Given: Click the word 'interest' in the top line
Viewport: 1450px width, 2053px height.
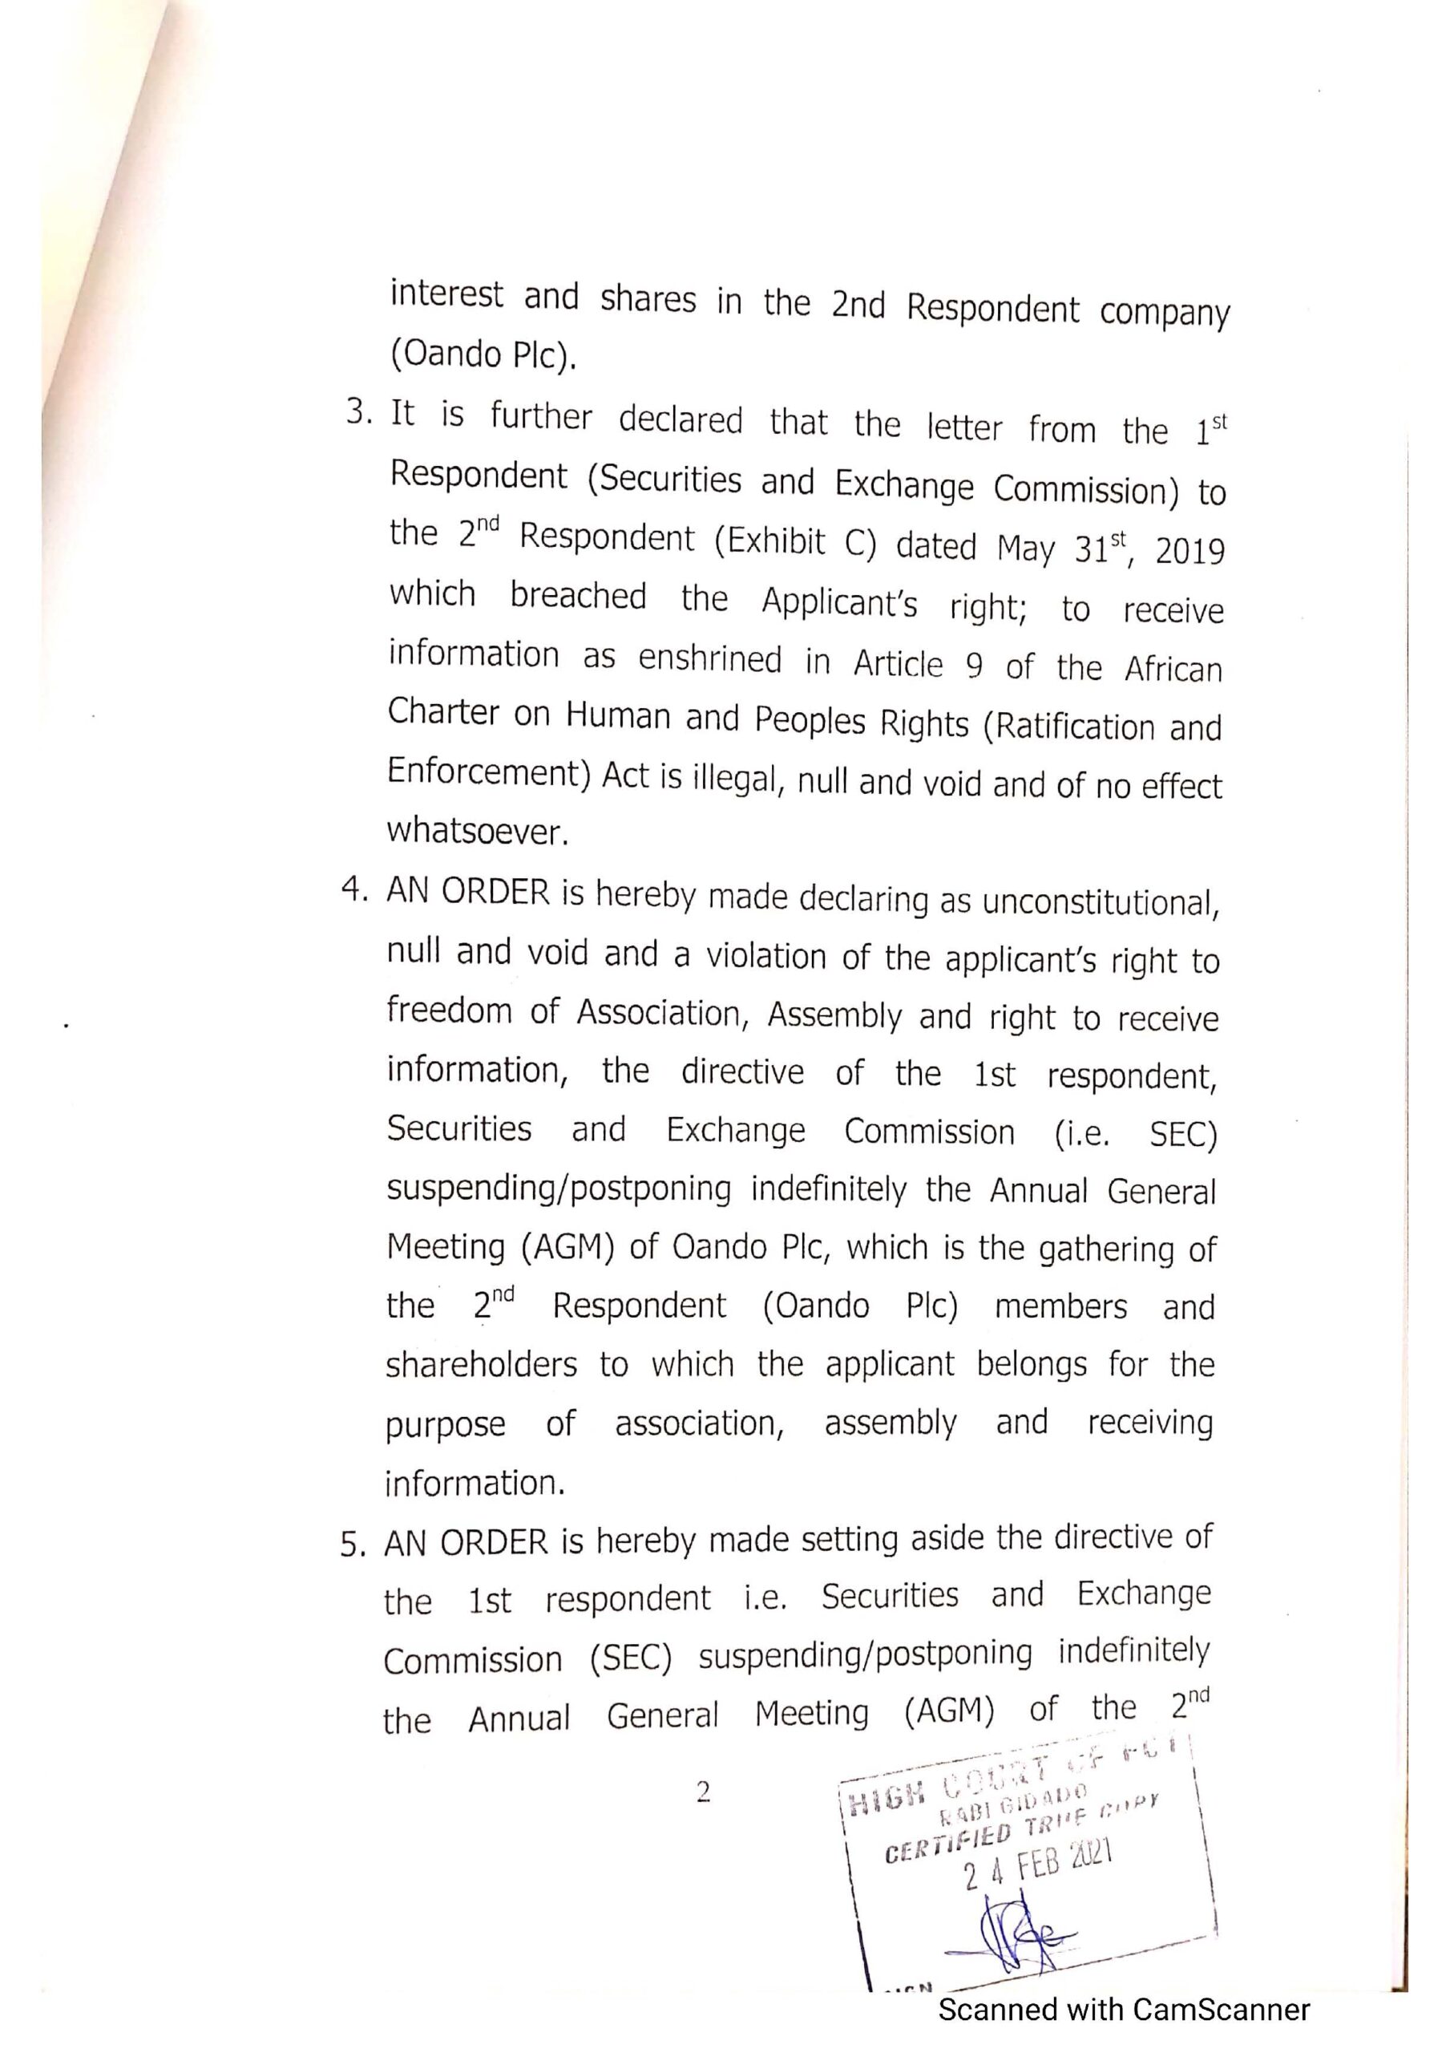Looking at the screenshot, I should [446, 294].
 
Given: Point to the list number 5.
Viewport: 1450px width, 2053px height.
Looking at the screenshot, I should [353, 1545].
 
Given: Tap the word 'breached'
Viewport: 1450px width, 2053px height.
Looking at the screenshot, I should [577, 597].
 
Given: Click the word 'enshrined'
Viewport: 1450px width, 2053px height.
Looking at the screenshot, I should [710, 659].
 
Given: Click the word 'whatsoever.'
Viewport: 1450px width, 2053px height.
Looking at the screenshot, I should [478, 832].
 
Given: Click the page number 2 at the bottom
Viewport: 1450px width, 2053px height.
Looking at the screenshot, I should [703, 1791].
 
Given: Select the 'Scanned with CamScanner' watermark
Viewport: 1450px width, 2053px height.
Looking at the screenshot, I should [1123, 2009].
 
